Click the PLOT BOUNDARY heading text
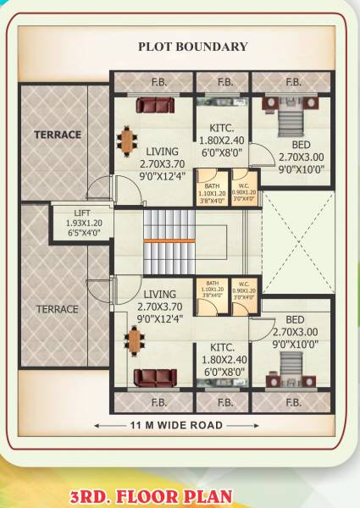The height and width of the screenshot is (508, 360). click(x=193, y=47)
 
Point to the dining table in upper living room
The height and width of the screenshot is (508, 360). click(x=127, y=140)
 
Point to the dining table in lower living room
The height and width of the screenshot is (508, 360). click(x=133, y=340)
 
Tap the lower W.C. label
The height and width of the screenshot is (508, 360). click(x=244, y=284)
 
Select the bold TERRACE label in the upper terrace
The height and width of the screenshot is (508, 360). click(x=58, y=135)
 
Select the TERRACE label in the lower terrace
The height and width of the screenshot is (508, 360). click(x=58, y=309)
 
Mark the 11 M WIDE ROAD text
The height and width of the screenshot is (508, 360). click(x=176, y=424)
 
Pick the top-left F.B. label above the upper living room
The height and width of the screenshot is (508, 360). click(x=158, y=82)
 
